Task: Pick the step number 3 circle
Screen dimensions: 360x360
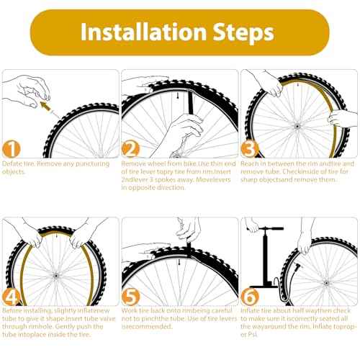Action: (x=249, y=150)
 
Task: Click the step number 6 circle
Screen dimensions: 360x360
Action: (x=249, y=297)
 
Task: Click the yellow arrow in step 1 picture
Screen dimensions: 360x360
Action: (x=48, y=107)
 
